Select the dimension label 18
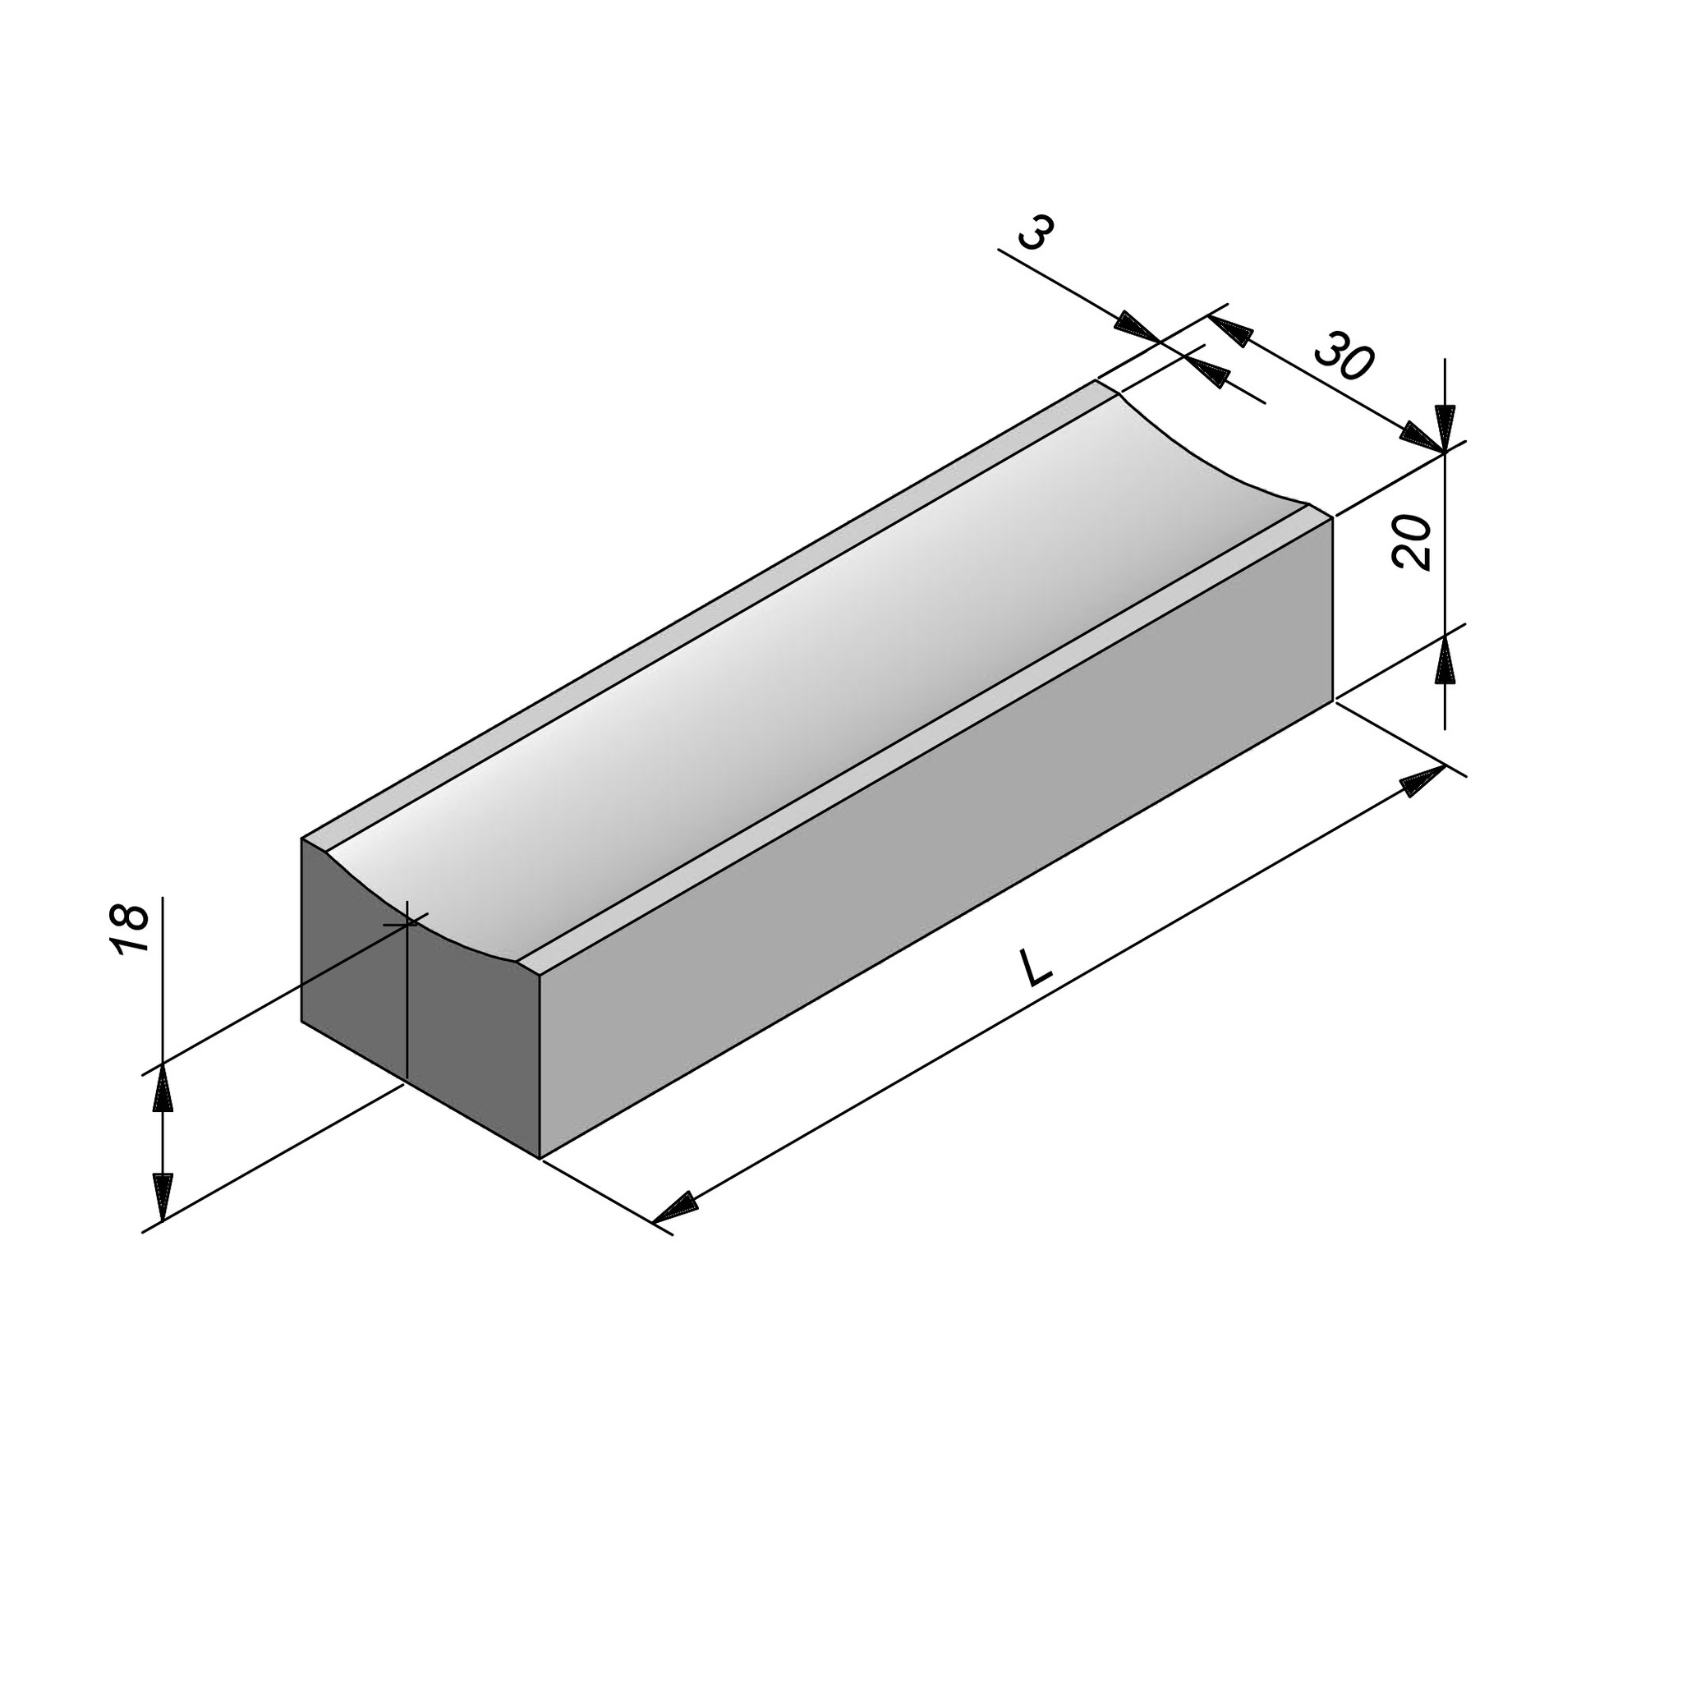[x=130, y=929]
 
